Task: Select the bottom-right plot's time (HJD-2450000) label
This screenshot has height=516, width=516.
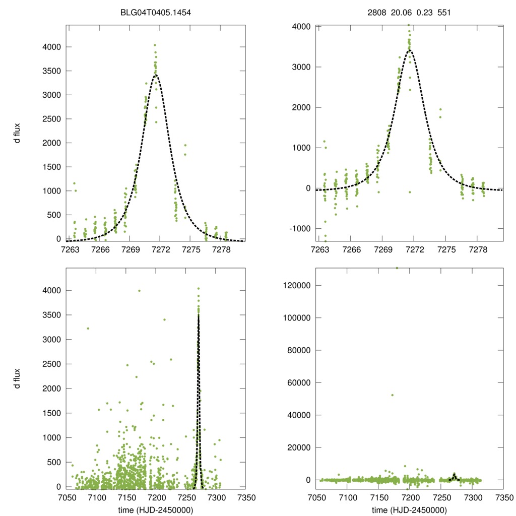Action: pos(409,510)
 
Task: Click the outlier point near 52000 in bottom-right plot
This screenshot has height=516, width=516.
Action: pos(392,395)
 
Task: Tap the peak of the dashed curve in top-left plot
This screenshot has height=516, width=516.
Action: pos(157,75)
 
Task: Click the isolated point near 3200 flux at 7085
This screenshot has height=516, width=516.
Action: pos(88,329)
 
